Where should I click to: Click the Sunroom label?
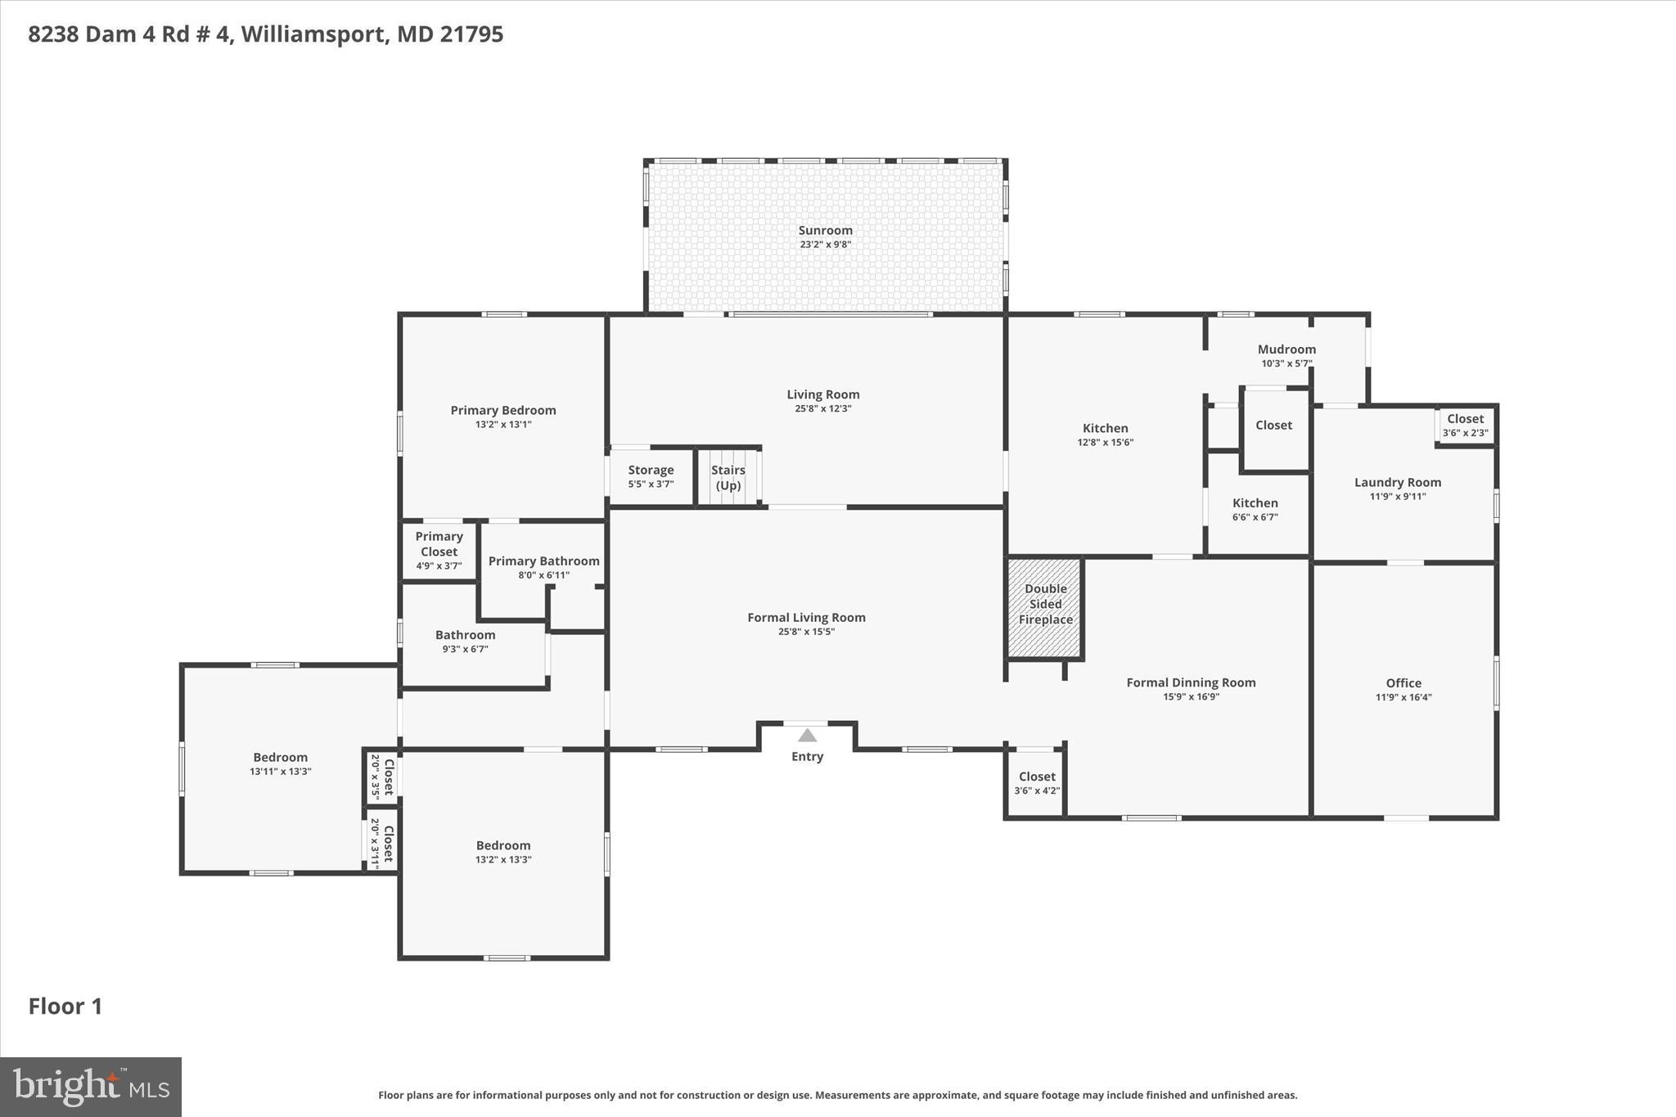coord(825,231)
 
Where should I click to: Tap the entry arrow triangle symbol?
coord(807,735)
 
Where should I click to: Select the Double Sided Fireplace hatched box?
coord(1045,607)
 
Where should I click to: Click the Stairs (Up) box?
coord(728,477)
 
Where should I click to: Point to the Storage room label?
coord(651,471)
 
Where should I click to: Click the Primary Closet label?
coord(439,544)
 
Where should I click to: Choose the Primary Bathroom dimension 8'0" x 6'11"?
coord(543,575)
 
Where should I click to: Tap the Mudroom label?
coord(1286,349)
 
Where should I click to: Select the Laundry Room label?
coord(1397,483)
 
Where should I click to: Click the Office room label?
coord(1403,683)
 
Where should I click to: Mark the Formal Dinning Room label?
coord(1190,682)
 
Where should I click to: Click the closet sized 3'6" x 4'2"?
coord(1036,783)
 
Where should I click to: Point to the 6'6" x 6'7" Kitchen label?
coord(1255,503)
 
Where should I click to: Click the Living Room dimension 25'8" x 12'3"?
coord(822,408)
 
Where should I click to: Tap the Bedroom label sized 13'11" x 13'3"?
coord(280,758)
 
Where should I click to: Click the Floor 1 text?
coord(65,1007)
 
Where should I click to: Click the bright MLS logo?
coord(91,1087)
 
